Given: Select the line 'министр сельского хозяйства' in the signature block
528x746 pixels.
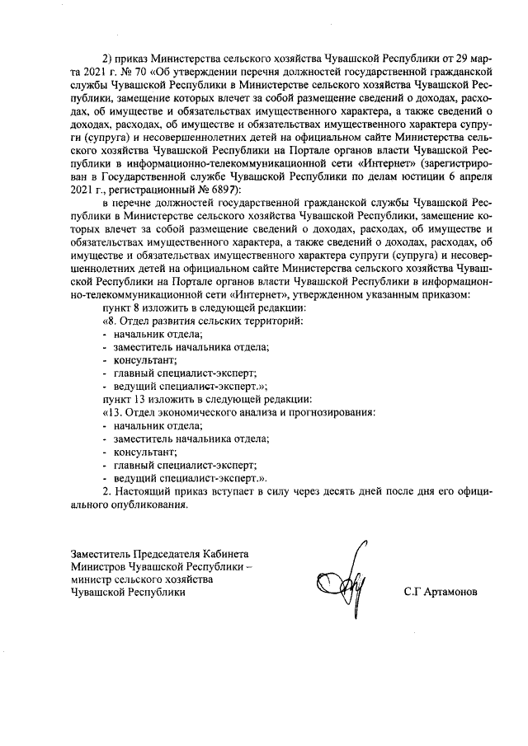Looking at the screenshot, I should click(142, 579).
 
